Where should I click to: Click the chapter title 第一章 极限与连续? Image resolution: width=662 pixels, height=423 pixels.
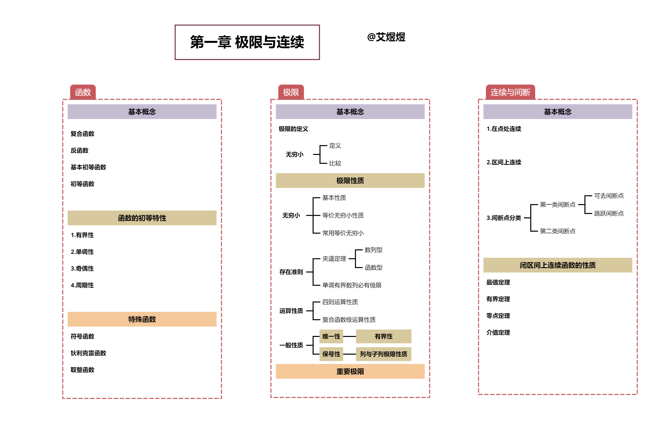(x=247, y=42)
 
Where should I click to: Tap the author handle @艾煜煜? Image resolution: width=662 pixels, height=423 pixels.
(x=386, y=37)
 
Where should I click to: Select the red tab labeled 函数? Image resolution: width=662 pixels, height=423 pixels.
(x=83, y=92)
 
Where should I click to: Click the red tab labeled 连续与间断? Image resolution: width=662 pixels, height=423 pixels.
(x=510, y=92)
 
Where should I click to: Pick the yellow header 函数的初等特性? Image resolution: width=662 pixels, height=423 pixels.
(x=142, y=218)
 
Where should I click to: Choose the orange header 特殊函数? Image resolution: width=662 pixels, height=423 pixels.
(x=142, y=319)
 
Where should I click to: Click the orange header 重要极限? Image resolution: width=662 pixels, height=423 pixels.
(x=350, y=371)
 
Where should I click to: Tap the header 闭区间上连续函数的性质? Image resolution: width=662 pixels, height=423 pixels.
(x=558, y=265)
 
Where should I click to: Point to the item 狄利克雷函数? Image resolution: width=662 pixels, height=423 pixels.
(x=88, y=353)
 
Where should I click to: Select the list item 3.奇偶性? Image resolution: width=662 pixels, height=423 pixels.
(x=82, y=268)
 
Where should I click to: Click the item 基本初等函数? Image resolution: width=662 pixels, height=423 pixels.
(x=88, y=167)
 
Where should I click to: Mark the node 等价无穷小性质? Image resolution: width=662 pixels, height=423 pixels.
(x=343, y=215)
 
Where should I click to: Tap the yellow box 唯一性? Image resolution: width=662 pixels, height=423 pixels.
(x=331, y=336)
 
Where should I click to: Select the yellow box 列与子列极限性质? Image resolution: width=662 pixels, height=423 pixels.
(x=383, y=354)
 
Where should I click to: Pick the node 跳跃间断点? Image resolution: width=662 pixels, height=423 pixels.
(x=609, y=213)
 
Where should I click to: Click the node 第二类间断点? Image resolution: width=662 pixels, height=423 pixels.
(x=558, y=231)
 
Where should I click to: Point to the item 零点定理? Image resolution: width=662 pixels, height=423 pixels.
(x=498, y=316)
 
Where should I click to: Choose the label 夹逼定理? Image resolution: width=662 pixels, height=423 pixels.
(x=334, y=259)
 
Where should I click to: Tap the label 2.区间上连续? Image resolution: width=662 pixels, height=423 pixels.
(x=504, y=162)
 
